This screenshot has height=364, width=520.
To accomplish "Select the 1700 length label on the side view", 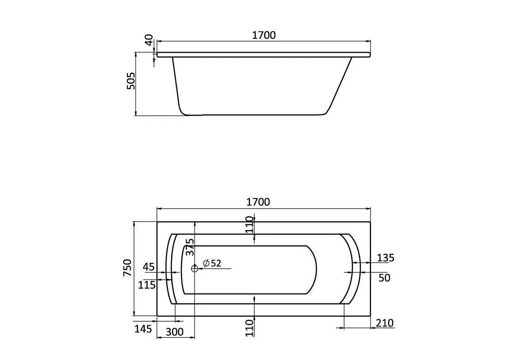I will pyautogui.click(x=264, y=35).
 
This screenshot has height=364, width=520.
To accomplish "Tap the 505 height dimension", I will pyautogui.click(x=130, y=81).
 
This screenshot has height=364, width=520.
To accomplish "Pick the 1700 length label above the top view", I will pyautogui.click(x=258, y=202).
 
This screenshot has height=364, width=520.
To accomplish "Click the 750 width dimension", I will pyautogui.click(x=128, y=268).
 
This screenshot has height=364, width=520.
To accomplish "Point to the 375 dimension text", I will pyautogui.click(x=190, y=247).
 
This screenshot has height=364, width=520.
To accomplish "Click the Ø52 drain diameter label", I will pyautogui.click(x=212, y=263).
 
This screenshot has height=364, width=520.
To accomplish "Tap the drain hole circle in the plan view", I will pyautogui.click(x=195, y=268).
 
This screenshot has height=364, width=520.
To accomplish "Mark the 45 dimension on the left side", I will pyautogui.click(x=149, y=267).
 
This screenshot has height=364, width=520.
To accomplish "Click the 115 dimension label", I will pyautogui.click(x=147, y=285).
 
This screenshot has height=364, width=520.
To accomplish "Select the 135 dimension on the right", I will pyautogui.click(x=385, y=258).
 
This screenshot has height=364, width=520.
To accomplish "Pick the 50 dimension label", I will pyautogui.click(x=384, y=278).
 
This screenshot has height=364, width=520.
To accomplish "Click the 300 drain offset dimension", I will pyautogui.click(x=175, y=332).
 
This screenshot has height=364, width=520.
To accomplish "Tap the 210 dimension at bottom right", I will pyautogui.click(x=385, y=323).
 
